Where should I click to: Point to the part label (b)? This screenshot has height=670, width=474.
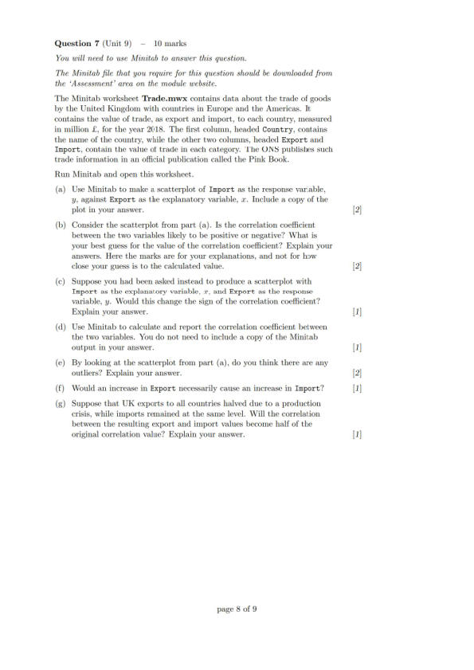point(61,225)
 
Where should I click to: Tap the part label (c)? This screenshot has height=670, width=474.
point(61,281)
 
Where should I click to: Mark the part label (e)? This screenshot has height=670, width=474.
point(60,362)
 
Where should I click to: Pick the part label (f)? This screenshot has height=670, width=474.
point(60,388)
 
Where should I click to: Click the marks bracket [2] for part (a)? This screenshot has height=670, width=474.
point(357,211)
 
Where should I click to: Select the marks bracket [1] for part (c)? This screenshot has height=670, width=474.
point(357,312)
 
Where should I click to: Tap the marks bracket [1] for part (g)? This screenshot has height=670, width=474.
point(357,435)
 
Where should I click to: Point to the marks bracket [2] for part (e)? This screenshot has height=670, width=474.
point(357,374)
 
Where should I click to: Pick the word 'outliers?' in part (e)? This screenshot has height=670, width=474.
point(88,374)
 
